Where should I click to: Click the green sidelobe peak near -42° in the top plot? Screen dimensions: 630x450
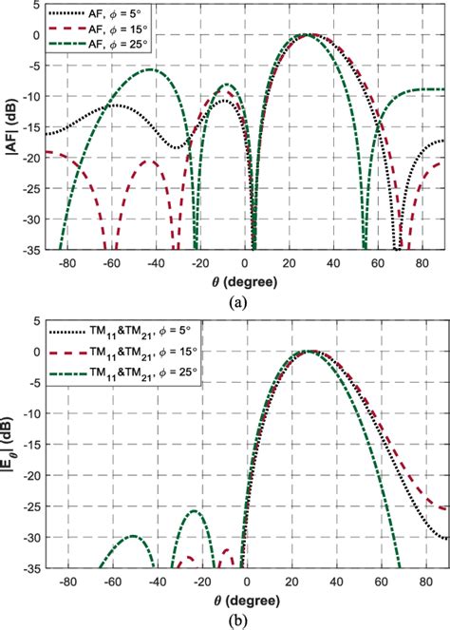click(x=149, y=70)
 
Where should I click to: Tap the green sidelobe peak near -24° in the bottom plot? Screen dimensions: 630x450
click(x=194, y=511)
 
